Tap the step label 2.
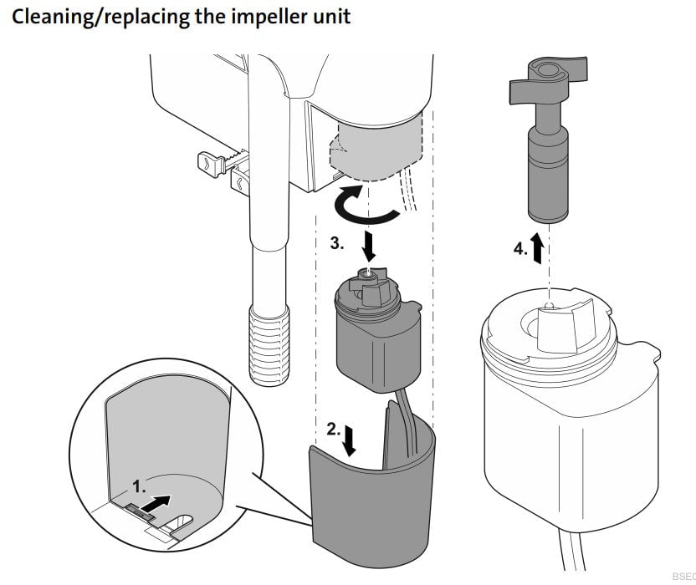(x=332, y=430)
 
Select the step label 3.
(x=335, y=243)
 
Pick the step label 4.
(x=519, y=248)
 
